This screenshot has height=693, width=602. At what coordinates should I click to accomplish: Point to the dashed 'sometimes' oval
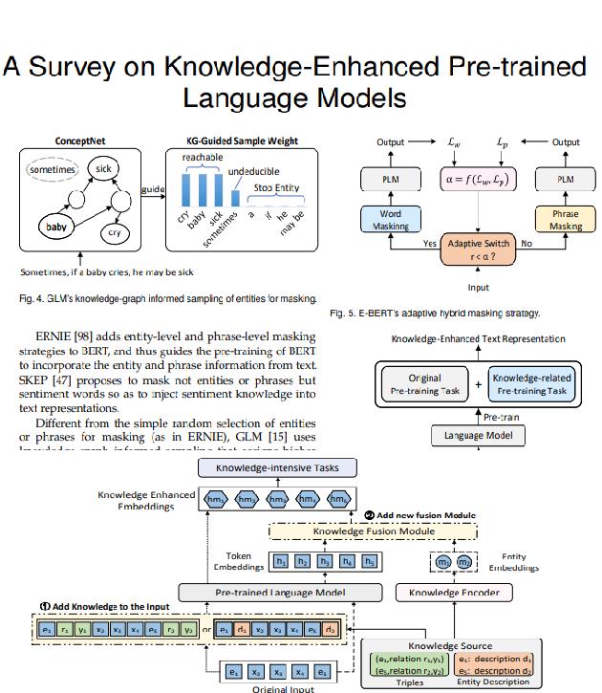click(53, 170)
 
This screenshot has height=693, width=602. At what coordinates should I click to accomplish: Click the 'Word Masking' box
click(391, 220)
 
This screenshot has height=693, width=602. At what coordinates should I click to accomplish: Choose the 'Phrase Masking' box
click(567, 220)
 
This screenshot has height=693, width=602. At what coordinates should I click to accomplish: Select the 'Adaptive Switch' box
click(478, 249)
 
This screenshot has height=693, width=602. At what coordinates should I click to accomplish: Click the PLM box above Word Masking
click(391, 179)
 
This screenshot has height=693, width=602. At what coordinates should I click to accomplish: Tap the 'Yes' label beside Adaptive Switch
click(430, 244)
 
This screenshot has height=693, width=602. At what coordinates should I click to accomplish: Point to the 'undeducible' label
click(253, 170)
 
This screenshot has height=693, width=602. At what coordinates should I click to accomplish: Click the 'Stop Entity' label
click(277, 187)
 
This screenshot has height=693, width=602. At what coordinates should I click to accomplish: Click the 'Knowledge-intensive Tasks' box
click(276, 467)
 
